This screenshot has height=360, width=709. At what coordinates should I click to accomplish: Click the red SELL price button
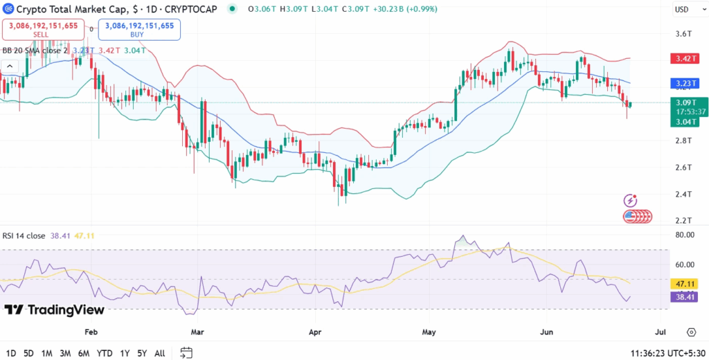click(x=44, y=28)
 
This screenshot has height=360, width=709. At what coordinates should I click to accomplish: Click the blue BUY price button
click(x=139, y=28)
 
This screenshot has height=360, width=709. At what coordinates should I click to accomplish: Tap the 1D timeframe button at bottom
click(x=11, y=352)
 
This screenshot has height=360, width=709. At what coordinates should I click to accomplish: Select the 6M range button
click(x=84, y=352)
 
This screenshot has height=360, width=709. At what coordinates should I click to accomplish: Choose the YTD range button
click(x=105, y=352)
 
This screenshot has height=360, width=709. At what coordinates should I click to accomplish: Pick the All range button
click(x=159, y=352)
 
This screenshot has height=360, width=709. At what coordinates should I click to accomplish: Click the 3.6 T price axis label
click(x=683, y=33)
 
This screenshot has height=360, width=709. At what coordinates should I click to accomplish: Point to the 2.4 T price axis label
click(x=683, y=194)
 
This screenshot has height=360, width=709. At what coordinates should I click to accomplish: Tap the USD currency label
click(x=682, y=10)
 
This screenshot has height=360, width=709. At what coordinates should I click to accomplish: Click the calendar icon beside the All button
click(x=186, y=352)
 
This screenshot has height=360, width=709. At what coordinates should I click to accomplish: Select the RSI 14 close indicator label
click(x=24, y=236)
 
